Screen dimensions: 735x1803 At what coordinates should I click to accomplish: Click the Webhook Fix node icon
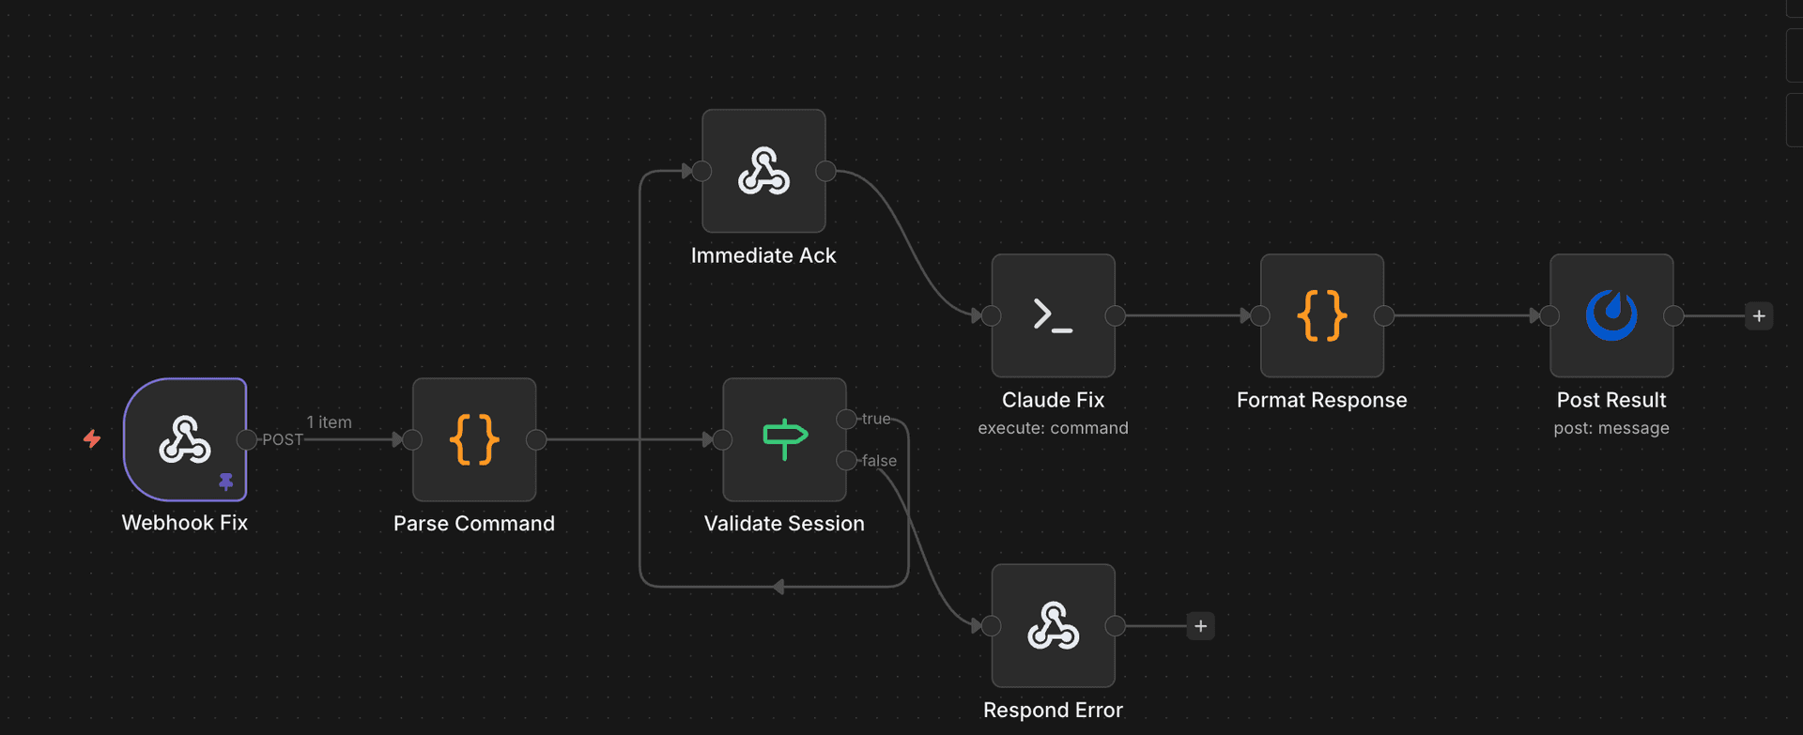185,439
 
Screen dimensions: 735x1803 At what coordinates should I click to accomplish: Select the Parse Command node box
474,439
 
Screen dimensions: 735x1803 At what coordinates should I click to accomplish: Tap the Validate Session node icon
784,439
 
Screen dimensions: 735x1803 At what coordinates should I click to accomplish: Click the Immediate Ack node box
763,171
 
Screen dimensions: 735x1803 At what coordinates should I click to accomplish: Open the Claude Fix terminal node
1053,315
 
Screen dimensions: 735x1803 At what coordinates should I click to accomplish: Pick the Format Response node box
1321,315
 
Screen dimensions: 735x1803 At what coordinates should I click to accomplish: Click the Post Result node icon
1611,315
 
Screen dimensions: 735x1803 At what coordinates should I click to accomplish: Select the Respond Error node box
1053,625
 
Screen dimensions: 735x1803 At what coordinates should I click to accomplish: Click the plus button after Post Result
1759,316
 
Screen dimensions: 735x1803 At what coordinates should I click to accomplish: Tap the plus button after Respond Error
1200,626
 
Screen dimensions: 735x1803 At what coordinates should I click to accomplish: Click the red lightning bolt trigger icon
92,438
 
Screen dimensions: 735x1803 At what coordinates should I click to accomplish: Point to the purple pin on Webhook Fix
225,482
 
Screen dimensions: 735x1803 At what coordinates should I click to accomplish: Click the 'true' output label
876,419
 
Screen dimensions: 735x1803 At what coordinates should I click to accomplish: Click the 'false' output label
879,461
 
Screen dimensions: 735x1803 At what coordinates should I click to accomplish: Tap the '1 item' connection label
329,422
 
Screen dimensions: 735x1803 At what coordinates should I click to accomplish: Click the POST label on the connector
283,439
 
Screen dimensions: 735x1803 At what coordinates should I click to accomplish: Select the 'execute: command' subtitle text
1053,428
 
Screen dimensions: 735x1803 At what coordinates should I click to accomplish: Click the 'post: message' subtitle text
1611,428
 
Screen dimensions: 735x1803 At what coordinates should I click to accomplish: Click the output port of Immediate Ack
825,171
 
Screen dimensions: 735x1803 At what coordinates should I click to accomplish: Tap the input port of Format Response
1260,316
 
